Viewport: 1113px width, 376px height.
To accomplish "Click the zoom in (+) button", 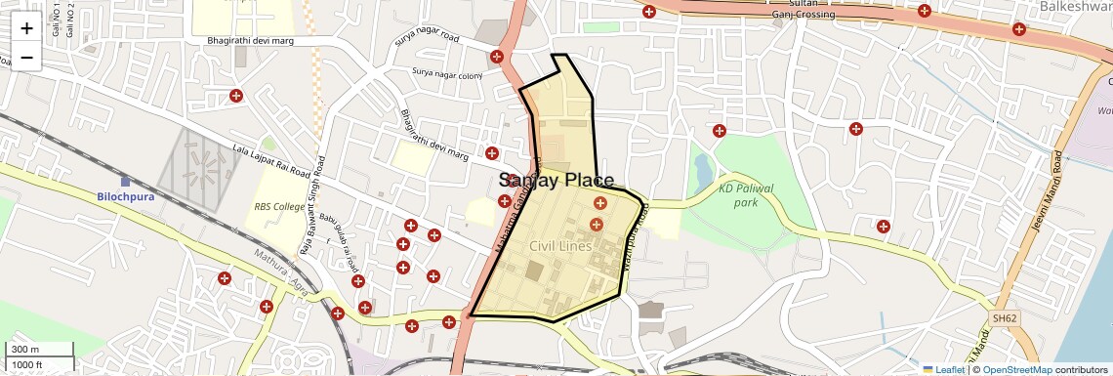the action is [x=26, y=28].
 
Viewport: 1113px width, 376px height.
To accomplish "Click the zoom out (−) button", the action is [x=26, y=58].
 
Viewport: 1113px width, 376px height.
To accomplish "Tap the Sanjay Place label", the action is [x=556, y=181].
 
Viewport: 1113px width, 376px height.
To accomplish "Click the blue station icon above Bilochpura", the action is [x=125, y=181].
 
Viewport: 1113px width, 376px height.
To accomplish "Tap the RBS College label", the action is [x=280, y=207].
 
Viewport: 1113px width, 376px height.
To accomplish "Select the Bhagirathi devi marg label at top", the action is [x=249, y=41].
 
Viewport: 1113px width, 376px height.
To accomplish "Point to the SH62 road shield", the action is [x=1005, y=318].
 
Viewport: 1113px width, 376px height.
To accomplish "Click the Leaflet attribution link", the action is [x=943, y=370].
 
